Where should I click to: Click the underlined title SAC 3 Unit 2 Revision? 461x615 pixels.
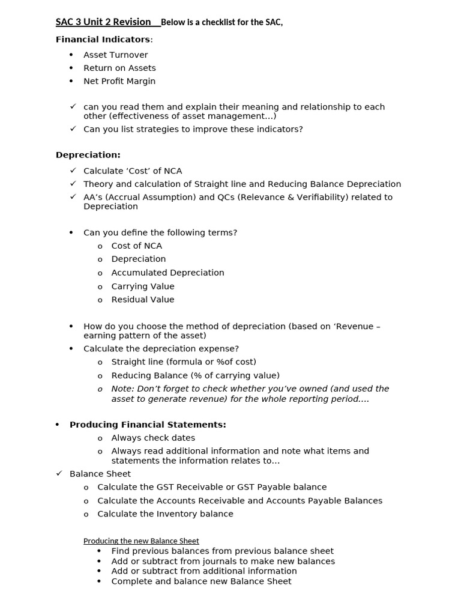click(x=103, y=22)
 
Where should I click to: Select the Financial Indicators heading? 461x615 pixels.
click(x=103, y=39)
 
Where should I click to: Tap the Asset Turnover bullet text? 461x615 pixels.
click(x=115, y=55)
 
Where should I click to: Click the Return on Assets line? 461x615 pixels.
click(x=119, y=68)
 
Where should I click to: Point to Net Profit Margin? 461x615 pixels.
click(x=119, y=81)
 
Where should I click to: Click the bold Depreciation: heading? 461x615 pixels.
click(x=88, y=154)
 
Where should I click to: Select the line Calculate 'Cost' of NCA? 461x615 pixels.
click(x=133, y=171)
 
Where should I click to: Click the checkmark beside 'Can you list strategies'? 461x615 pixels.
click(x=73, y=129)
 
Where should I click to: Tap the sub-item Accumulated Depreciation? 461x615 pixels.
click(x=167, y=273)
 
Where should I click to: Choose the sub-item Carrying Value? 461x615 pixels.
click(x=143, y=286)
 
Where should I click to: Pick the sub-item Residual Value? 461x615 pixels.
click(x=143, y=300)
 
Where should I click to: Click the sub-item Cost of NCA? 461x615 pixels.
click(x=137, y=246)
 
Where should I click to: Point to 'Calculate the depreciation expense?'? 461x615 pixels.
click(x=161, y=348)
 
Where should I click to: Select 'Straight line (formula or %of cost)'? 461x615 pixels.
click(x=184, y=362)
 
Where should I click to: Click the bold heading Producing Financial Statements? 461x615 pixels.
click(x=148, y=425)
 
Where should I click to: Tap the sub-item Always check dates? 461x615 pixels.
click(x=153, y=438)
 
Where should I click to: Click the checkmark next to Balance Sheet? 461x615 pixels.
click(x=59, y=473)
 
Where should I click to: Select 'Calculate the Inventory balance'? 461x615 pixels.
click(x=165, y=514)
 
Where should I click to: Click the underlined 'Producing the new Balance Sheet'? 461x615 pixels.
click(x=141, y=541)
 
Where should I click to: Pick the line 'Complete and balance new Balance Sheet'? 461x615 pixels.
click(x=201, y=581)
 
